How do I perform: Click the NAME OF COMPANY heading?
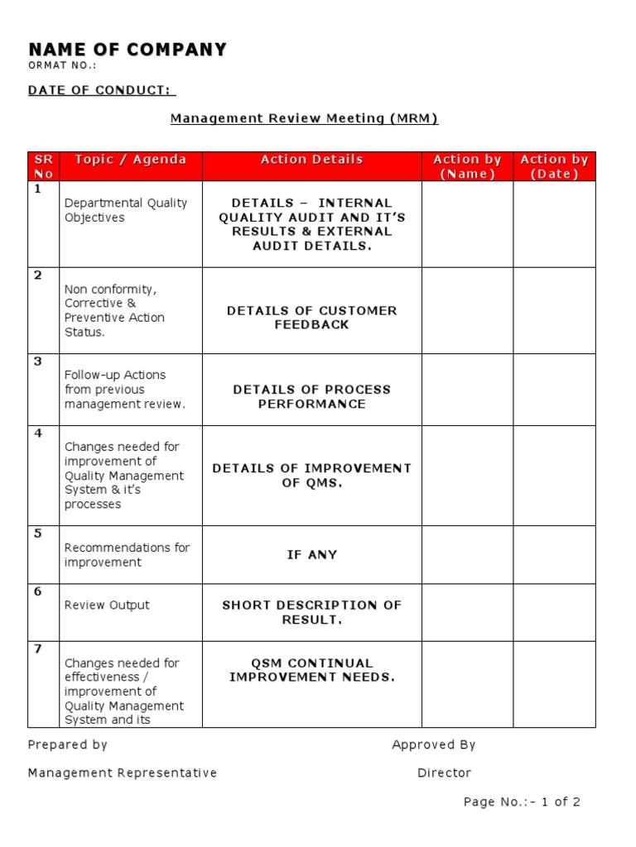tap(127, 50)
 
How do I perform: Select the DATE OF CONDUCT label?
tap(101, 90)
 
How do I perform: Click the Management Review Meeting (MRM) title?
tap(304, 118)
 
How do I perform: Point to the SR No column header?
tap(43, 166)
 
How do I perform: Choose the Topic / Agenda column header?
tap(130, 160)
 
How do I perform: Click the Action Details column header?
tap(311, 160)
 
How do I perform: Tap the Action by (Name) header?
tap(467, 166)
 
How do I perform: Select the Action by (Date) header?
tap(554, 166)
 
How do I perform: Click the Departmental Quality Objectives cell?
tap(126, 210)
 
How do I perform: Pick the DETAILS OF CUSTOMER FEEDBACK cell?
tap(311, 318)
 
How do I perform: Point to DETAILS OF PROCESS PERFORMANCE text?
tap(311, 396)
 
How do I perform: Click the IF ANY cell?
tap(311, 555)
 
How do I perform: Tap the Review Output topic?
tap(107, 605)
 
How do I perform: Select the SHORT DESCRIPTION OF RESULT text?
tap(311, 612)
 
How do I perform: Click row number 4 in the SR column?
tap(37, 433)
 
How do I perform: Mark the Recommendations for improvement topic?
tap(127, 555)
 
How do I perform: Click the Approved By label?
tap(433, 744)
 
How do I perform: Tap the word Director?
tap(444, 773)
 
